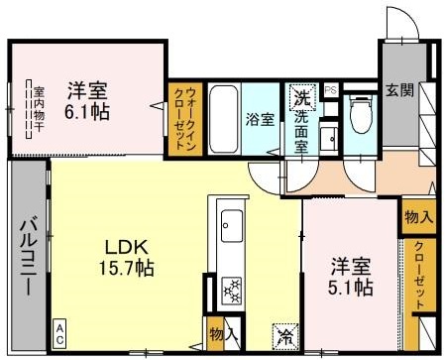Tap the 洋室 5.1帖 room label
(352, 278)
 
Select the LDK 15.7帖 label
(129, 254)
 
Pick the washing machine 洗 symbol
(299, 100)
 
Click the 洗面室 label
(300, 132)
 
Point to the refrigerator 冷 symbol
(283, 334)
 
